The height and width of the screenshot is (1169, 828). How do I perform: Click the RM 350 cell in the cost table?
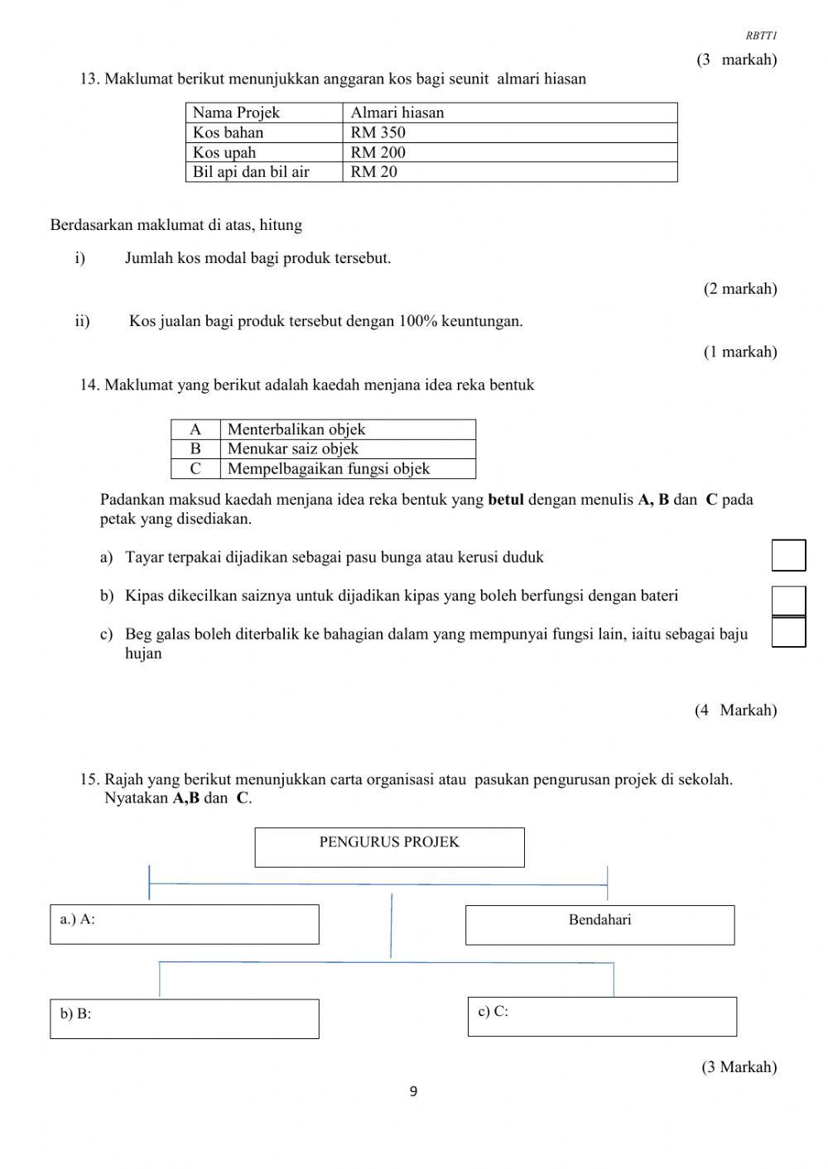509,132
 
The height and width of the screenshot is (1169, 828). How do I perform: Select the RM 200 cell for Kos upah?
509,152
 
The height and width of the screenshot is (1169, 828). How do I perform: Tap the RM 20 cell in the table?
509,172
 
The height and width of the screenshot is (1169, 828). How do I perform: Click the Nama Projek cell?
264,113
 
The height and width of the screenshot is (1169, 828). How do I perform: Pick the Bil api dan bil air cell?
264,172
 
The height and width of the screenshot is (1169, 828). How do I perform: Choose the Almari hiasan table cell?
509,113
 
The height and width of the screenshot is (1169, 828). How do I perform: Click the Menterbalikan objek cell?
348,429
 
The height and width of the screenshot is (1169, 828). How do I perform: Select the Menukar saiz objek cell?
348,449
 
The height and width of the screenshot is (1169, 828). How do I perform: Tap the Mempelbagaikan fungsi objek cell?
348,469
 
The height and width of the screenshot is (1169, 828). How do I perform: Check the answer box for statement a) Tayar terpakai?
788,555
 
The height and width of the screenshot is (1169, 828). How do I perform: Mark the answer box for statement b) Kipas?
788,600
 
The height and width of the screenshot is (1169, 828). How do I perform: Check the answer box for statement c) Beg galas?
788,632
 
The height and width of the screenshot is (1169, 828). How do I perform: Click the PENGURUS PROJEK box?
389,847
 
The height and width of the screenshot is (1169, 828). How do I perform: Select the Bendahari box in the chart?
599,924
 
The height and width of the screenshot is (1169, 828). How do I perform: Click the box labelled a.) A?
184,924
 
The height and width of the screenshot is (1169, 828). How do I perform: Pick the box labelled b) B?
184,1018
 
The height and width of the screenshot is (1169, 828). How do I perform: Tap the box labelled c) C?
602,1016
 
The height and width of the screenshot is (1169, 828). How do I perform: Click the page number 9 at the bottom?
413,1092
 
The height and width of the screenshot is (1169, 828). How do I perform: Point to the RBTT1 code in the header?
761,36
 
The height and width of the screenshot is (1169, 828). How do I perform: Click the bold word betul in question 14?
506,500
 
